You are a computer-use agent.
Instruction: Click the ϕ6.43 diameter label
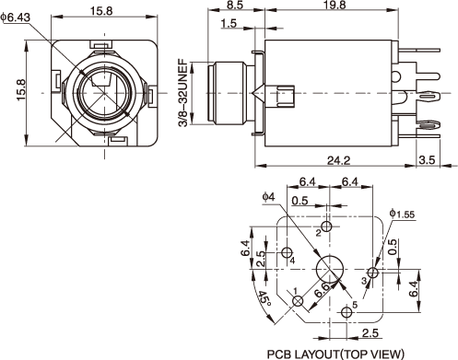click(16, 17)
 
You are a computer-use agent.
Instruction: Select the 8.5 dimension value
click(235, 5)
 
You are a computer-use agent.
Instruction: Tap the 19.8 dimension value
click(335, 5)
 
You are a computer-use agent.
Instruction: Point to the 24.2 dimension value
click(338, 160)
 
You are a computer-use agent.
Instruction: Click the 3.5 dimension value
click(428, 160)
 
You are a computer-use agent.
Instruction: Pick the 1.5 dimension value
click(229, 23)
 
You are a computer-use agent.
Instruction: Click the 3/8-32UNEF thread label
click(183, 93)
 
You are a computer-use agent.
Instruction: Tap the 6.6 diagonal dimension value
click(322, 289)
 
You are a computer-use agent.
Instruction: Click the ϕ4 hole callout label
click(268, 197)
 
